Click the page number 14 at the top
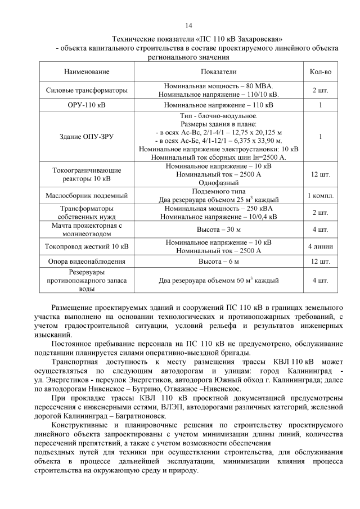(x=188, y=26)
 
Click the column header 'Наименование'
(x=87, y=72)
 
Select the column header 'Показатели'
(x=218, y=72)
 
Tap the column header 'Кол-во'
(x=320, y=72)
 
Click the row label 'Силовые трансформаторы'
(x=87, y=91)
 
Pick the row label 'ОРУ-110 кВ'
(x=87, y=105)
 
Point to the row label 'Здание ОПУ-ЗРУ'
(x=87, y=136)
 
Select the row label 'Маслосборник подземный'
(x=87, y=196)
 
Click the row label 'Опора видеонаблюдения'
(x=87, y=262)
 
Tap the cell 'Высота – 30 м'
(x=218, y=229)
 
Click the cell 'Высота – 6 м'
(x=218, y=262)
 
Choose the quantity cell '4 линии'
(x=320, y=246)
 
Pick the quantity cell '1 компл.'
(x=320, y=196)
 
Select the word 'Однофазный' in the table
(x=218, y=182)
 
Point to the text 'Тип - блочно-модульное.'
(x=218, y=116)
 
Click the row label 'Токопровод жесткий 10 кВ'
(x=87, y=246)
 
